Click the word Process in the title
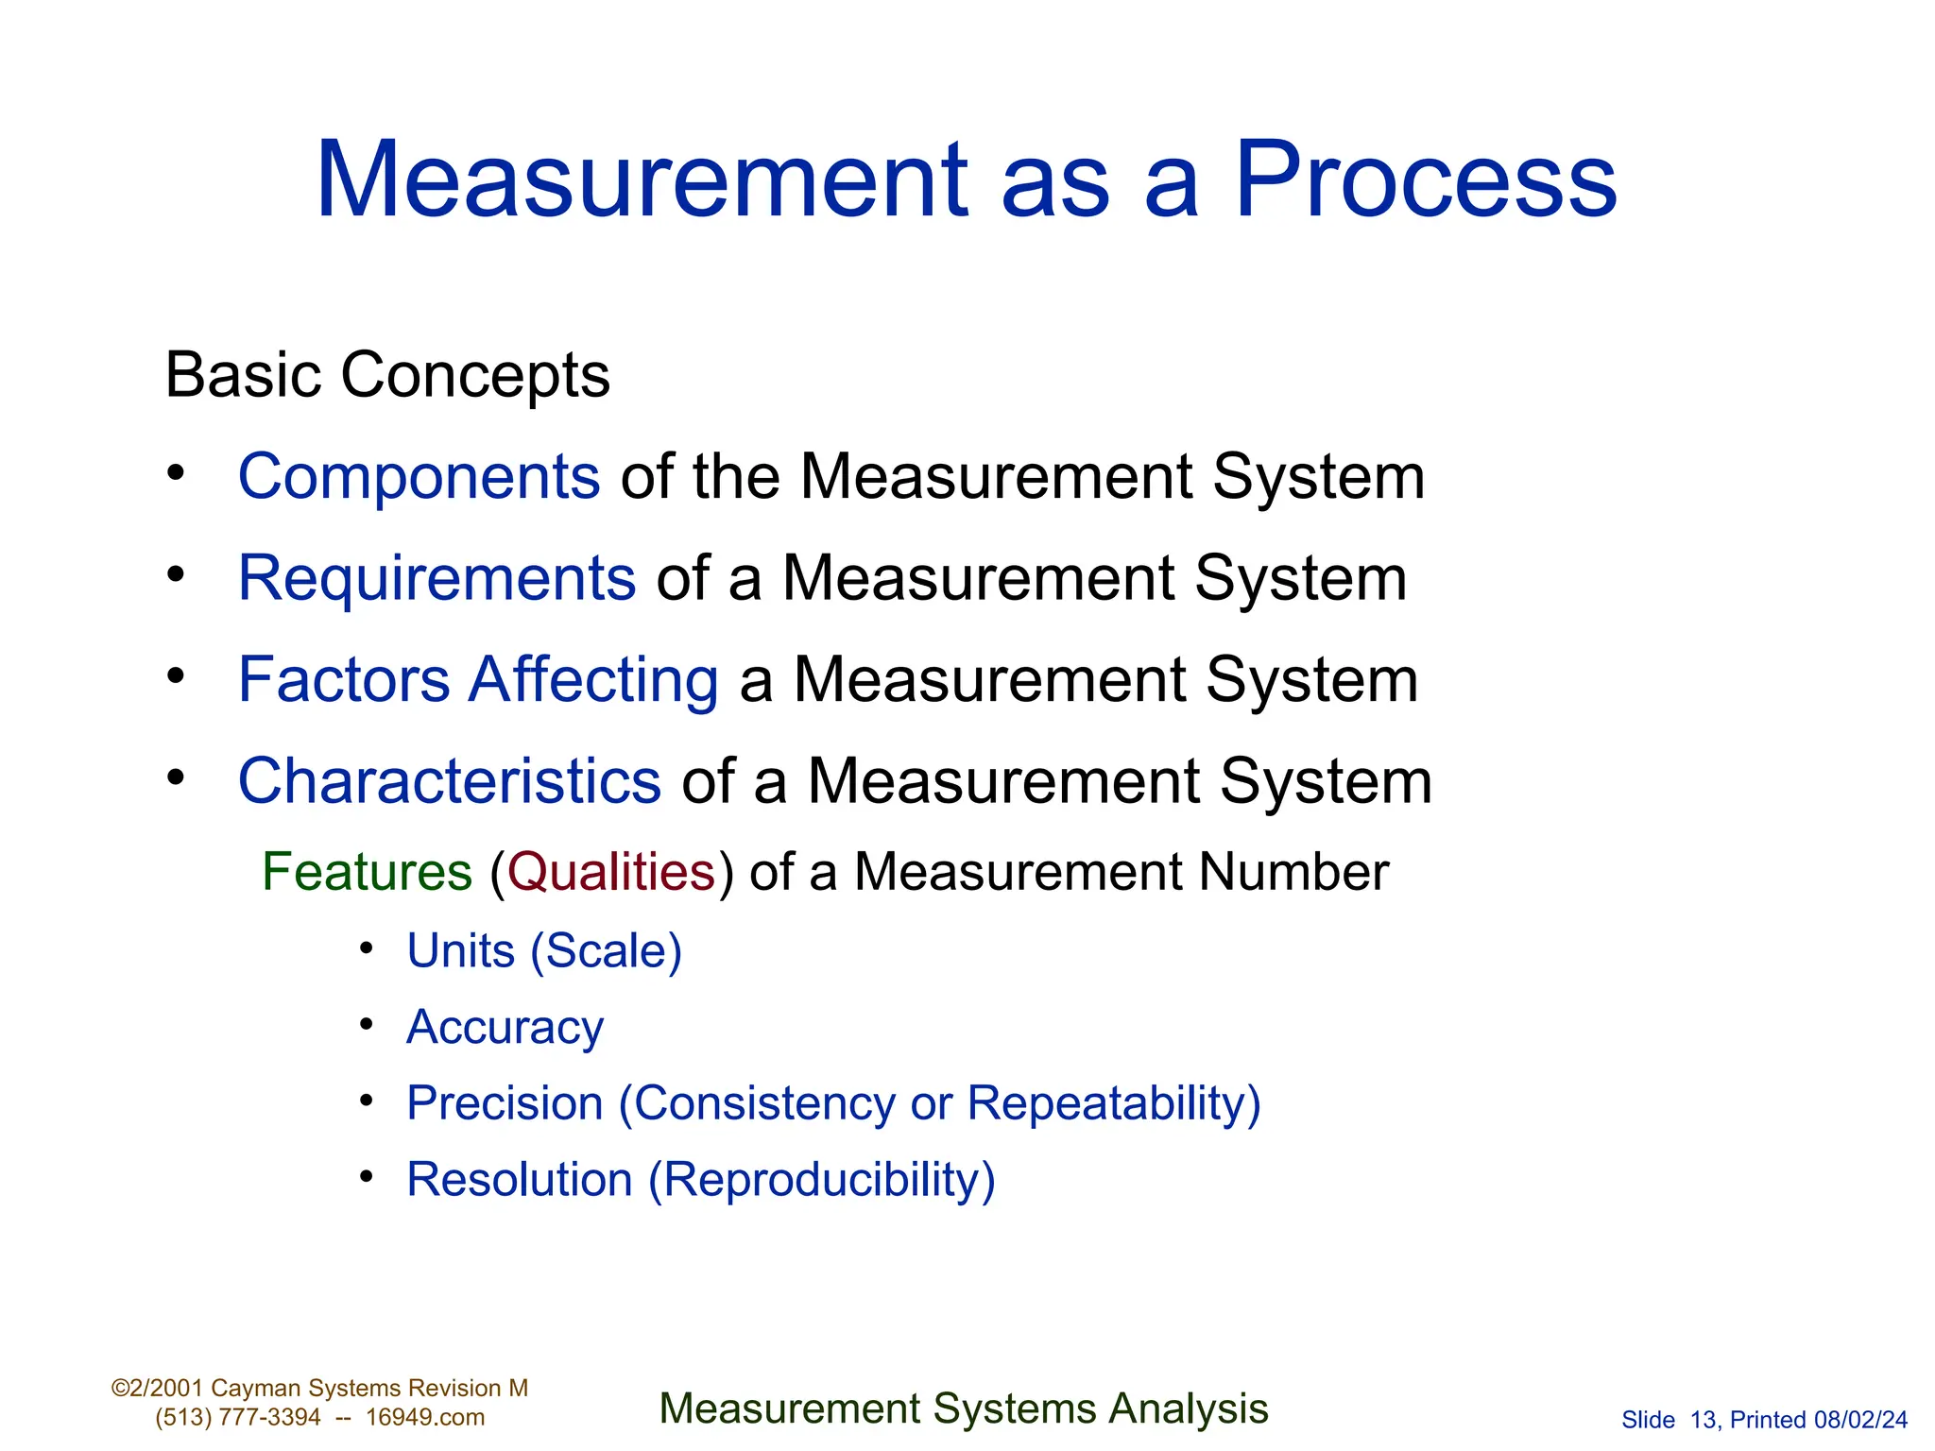(x=1426, y=179)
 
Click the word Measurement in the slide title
(x=642, y=179)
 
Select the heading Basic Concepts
(x=387, y=375)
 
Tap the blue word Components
(x=419, y=476)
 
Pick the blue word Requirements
(x=437, y=577)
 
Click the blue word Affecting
(x=594, y=680)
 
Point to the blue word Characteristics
(x=449, y=781)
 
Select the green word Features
(x=367, y=871)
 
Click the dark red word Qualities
(x=611, y=871)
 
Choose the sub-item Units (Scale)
(x=544, y=950)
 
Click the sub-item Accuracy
(x=505, y=1028)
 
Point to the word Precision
(x=505, y=1103)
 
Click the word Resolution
(x=520, y=1180)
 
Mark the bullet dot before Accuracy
(x=368, y=1025)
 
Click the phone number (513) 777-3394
(x=238, y=1418)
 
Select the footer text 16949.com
(x=425, y=1418)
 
